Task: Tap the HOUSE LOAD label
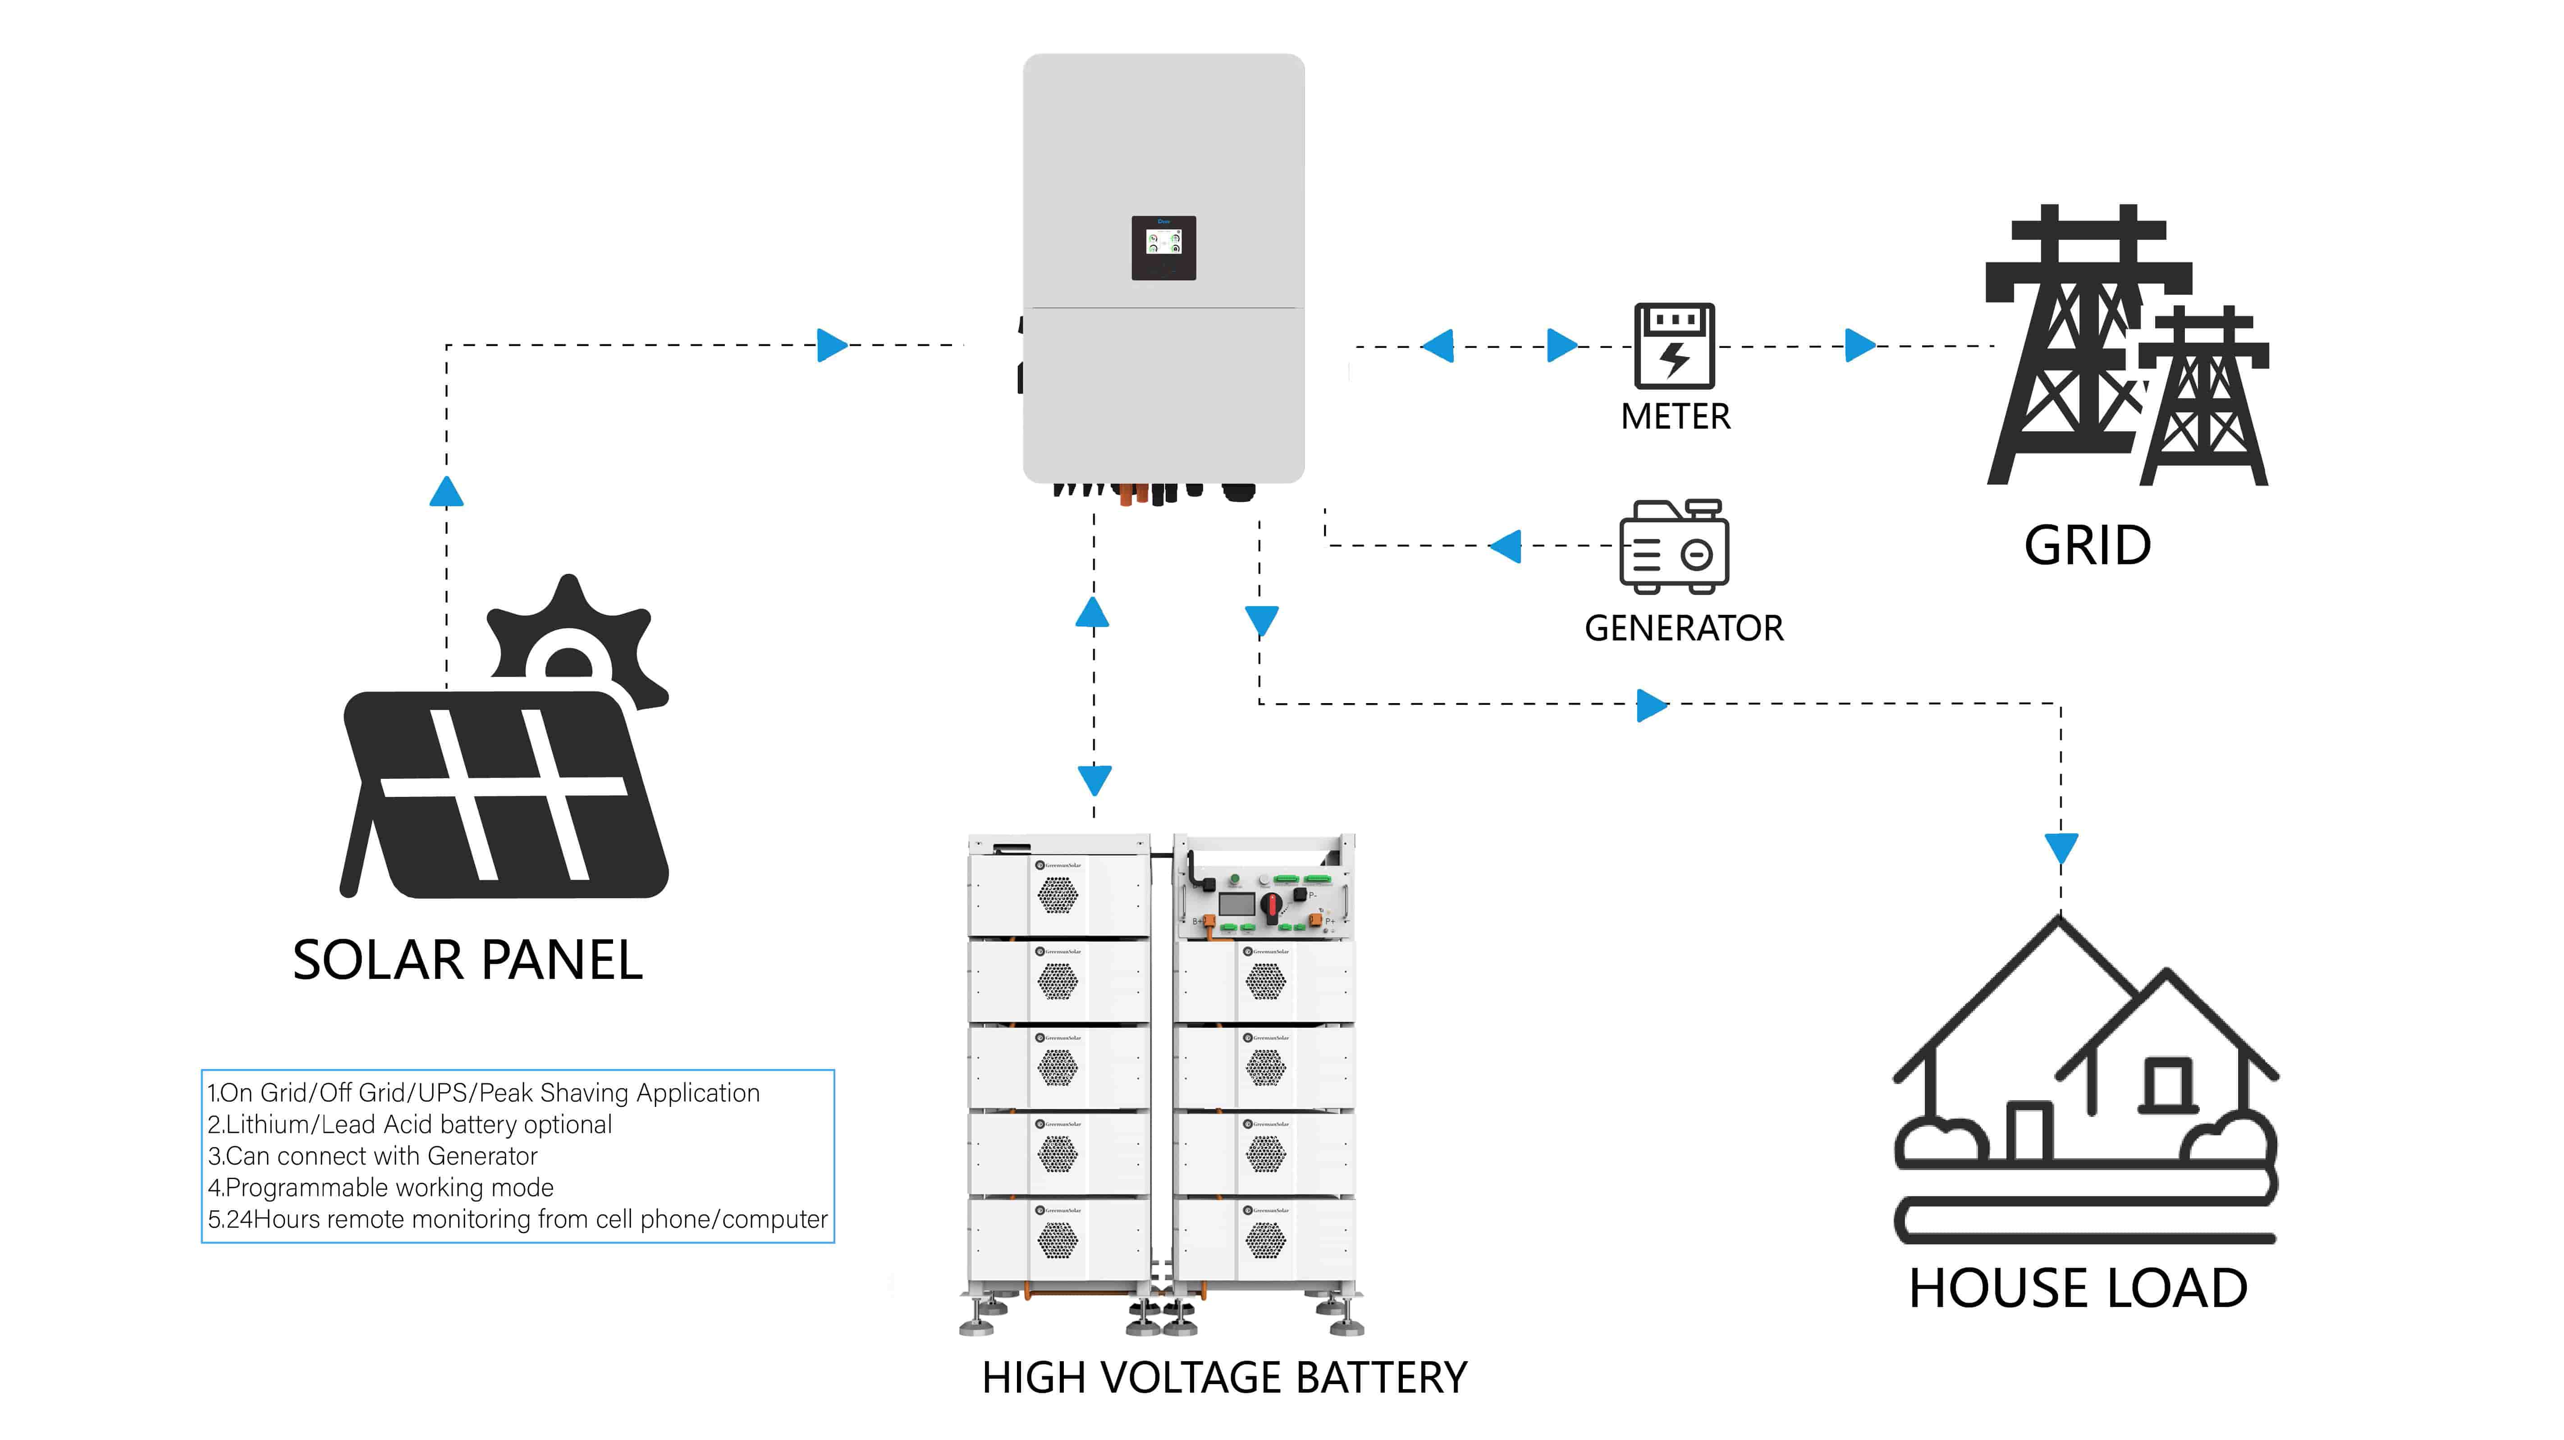[2077, 1289]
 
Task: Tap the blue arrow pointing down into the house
[2060, 849]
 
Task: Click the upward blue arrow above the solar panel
[446, 492]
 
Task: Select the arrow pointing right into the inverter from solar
[831, 345]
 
